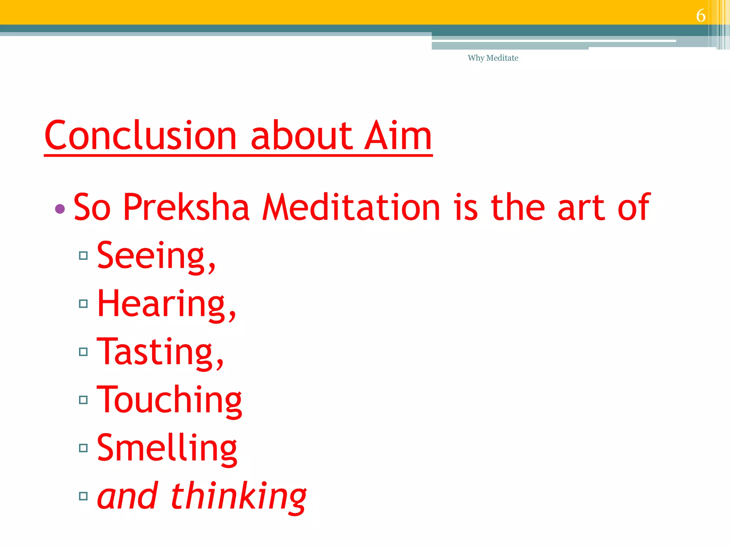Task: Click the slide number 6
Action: pyautogui.click(x=700, y=15)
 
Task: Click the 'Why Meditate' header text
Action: pyautogui.click(x=493, y=58)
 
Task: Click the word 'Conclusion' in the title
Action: pyautogui.click(x=141, y=136)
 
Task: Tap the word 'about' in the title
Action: pyautogui.click(x=301, y=136)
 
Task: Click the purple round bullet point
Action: pyautogui.click(x=60, y=209)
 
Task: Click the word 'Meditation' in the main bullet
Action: pyautogui.click(x=351, y=207)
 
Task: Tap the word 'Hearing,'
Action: pyautogui.click(x=166, y=304)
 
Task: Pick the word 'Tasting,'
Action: pyautogui.click(x=160, y=352)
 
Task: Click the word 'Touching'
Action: pyautogui.click(x=169, y=401)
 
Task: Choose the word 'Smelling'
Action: pyautogui.click(x=167, y=448)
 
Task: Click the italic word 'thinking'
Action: pyautogui.click(x=238, y=497)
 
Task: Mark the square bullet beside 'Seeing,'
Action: pyautogui.click(x=83, y=255)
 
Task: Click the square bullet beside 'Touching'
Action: pyautogui.click(x=83, y=400)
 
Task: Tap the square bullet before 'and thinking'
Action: pyautogui.click(x=83, y=496)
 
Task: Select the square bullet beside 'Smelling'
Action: pyautogui.click(x=83, y=448)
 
